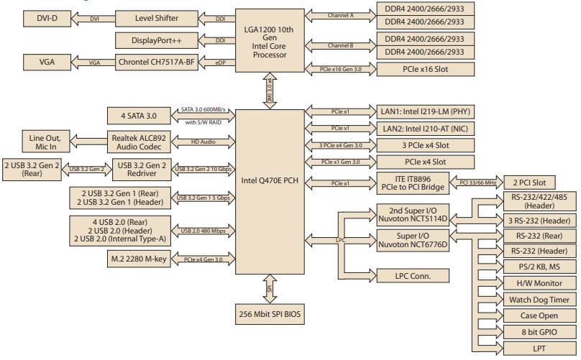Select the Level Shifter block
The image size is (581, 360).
click(147, 17)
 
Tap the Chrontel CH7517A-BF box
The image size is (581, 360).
click(147, 63)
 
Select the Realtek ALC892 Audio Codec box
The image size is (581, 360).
click(147, 142)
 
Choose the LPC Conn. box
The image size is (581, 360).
click(413, 274)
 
